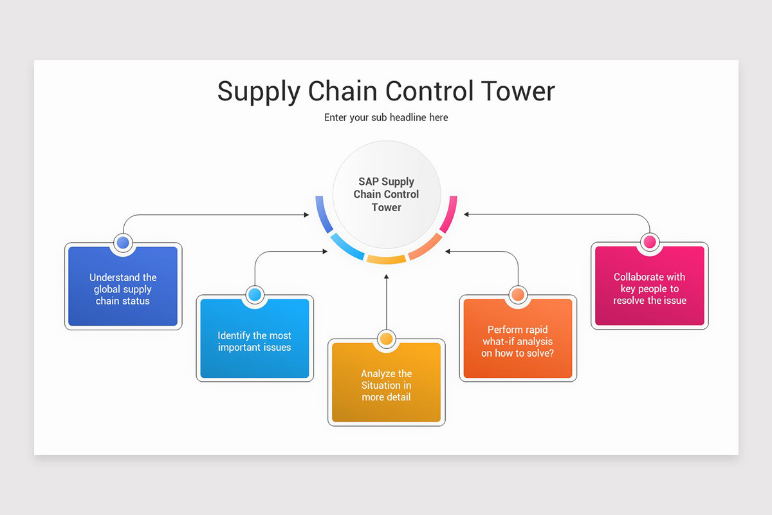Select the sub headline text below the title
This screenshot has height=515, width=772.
(386, 117)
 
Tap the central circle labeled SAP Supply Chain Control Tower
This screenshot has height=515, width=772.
(386, 194)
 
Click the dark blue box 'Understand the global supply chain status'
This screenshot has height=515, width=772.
(123, 289)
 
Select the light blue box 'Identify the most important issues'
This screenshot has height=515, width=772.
(254, 341)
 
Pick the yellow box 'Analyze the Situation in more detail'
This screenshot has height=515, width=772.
(386, 385)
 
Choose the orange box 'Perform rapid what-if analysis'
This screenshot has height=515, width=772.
(517, 341)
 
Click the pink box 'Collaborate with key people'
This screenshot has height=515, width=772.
(649, 288)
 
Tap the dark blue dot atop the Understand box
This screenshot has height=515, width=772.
(123, 243)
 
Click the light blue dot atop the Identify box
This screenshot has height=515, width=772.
(254, 295)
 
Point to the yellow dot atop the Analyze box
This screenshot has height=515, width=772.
(386, 339)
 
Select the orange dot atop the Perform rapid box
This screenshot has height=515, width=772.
(517, 295)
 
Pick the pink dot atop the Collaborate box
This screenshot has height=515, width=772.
(649, 242)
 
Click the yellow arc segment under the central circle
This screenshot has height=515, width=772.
(386, 259)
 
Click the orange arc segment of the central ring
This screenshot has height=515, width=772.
(425, 247)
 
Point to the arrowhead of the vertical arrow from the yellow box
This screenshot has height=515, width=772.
(386, 277)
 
